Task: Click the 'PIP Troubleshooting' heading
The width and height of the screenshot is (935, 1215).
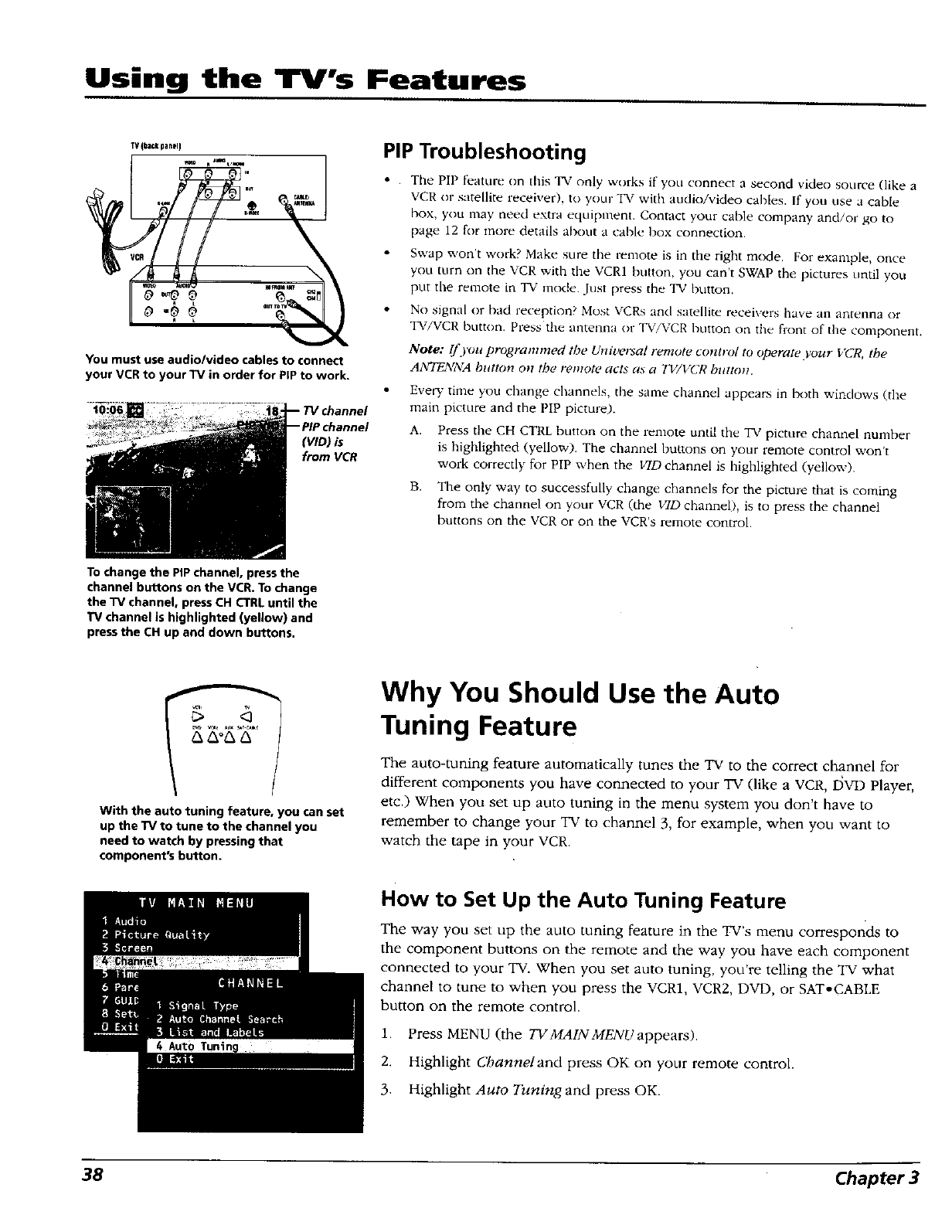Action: point(484,151)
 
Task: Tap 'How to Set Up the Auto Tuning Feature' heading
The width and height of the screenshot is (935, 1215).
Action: point(583,900)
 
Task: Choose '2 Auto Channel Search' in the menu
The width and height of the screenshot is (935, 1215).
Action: point(219,1019)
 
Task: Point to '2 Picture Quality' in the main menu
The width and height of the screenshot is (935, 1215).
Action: point(155,934)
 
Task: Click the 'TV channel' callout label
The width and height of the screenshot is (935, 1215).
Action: point(335,410)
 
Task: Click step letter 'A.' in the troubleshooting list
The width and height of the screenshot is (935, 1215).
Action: point(416,431)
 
